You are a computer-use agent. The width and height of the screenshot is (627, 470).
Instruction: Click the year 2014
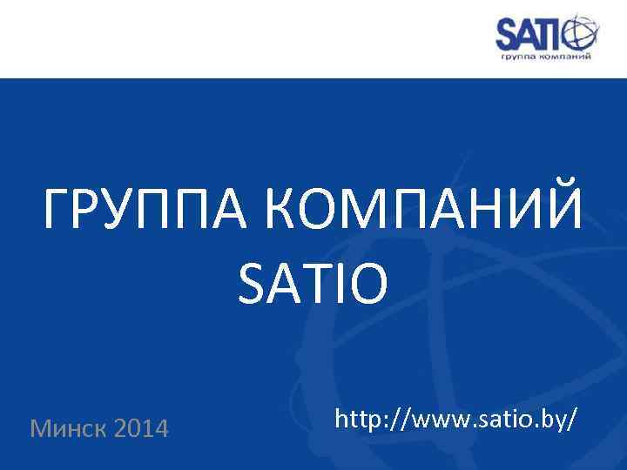pos(142,428)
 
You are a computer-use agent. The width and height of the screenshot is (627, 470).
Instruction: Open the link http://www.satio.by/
pos(455,420)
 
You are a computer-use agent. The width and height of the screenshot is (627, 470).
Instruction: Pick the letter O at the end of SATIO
pos(366,285)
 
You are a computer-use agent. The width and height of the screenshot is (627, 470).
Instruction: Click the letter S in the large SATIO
pos(251,285)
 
